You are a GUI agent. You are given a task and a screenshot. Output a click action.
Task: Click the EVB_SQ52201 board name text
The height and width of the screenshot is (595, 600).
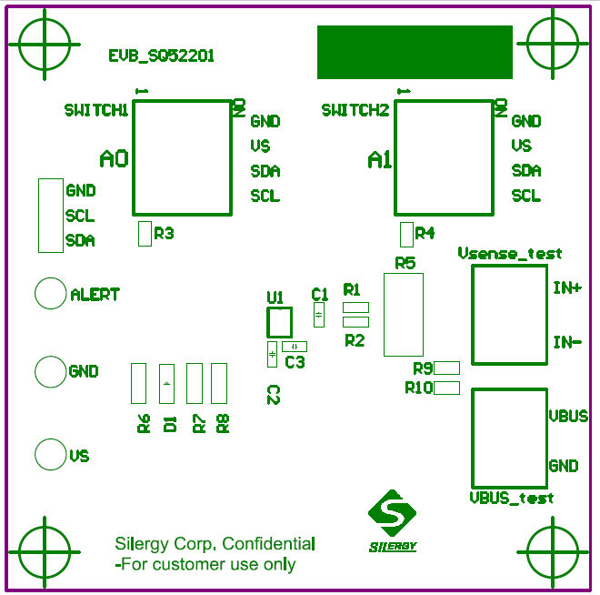point(161,56)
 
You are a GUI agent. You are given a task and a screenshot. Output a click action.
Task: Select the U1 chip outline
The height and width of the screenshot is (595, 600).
point(279,323)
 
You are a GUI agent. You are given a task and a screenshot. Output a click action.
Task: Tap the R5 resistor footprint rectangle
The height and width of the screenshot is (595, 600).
point(403,315)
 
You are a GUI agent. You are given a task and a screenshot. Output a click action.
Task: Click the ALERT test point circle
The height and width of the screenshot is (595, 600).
point(50,294)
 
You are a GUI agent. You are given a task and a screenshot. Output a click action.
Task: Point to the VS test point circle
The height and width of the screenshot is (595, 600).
point(50,454)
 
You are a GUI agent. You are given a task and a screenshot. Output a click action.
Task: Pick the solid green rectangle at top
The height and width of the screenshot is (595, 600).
point(415,52)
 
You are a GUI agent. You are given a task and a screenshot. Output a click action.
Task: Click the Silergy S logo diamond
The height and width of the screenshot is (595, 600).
point(392,515)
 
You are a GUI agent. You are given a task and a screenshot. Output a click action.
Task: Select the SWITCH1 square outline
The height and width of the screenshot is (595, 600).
point(183,156)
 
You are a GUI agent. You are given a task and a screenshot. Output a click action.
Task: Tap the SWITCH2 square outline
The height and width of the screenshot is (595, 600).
point(443,156)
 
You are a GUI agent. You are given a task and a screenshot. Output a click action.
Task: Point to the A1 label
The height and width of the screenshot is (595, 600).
point(380,161)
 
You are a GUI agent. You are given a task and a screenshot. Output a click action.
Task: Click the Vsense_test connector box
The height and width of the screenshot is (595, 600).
point(508,315)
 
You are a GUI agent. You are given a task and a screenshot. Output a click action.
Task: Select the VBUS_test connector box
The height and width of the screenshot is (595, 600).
point(508,439)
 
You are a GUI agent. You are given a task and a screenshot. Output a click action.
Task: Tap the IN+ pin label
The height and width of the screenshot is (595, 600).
point(567,288)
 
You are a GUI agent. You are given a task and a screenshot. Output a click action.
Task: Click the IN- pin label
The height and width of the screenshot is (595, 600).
point(567,343)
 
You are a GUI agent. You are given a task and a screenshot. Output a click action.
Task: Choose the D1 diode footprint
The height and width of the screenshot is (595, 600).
point(166,383)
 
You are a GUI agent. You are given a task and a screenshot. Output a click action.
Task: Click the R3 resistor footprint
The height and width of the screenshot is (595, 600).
point(144,234)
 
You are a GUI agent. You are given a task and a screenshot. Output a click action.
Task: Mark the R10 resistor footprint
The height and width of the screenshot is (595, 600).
point(446,388)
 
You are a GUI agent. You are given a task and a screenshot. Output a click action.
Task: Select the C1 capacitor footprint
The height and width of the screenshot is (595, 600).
point(318,315)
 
